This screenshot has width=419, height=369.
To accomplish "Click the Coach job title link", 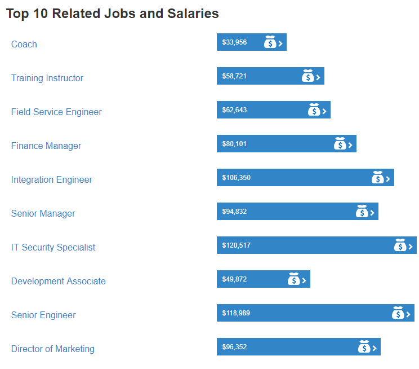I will [x=24, y=44].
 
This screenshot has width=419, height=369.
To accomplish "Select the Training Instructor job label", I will [x=47, y=78].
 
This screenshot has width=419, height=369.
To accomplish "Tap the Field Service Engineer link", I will [x=56, y=112].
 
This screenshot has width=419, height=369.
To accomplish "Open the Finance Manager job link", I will [x=46, y=146].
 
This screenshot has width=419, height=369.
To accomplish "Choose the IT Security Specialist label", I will [x=54, y=247].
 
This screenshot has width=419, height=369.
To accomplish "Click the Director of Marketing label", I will [x=53, y=349].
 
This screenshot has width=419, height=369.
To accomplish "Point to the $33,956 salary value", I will [x=234, y=42].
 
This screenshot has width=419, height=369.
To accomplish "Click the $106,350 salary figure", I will [x=237, y=178].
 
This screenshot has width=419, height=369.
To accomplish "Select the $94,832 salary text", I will [x=234, y=212].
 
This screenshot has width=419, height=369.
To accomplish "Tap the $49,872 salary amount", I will [x=234, y=279].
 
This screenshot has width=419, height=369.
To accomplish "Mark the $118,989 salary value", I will [x=237, y=313].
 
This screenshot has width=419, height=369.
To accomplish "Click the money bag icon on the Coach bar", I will [x=270, y=42].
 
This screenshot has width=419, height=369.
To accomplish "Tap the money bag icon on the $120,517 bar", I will [x=400, y=245].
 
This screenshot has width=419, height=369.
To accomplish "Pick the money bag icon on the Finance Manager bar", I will [x=340, y=144].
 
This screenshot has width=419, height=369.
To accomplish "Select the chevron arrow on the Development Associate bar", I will [x=304, y=280].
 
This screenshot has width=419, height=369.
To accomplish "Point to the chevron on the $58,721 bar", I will [x=318, y=77].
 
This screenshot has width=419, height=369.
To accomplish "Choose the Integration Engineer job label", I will [x=52, y=179].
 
